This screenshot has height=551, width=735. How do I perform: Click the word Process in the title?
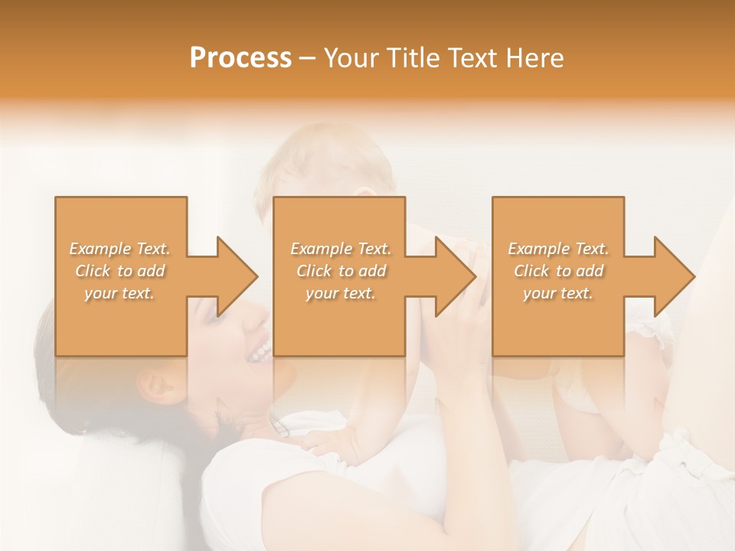coord(240,58)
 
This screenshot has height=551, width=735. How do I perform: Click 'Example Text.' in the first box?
coord(120,249)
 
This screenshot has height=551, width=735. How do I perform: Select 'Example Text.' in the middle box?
coord(341,249)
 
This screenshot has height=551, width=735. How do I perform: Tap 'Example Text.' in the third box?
coord(558,249)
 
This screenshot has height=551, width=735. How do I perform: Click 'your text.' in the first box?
coord(120,293)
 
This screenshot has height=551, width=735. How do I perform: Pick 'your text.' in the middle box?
coord(341,293)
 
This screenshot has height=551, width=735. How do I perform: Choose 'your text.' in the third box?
coord(558,293)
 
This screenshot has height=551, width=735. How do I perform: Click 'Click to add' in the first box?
coord(120,271)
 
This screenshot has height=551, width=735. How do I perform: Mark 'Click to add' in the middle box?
coord(341,271)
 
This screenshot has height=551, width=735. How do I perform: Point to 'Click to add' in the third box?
coord(558,271)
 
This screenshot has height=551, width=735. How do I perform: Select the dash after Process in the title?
coord(308,59)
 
